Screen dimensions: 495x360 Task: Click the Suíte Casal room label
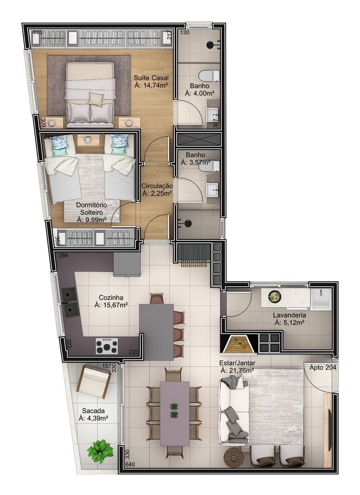coord(151,78)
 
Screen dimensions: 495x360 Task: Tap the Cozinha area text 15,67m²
coord(111,305)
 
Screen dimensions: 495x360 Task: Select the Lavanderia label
coord(289,315)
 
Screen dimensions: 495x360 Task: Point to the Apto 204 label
coord(323,368)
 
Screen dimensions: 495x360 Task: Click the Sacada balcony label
coord(93,410)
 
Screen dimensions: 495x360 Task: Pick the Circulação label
coord(157,186)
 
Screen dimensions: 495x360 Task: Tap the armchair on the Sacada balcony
coord(94,380)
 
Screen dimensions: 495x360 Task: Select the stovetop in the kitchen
coord(107,346)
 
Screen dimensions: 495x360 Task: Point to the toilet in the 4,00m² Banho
coord(209,75)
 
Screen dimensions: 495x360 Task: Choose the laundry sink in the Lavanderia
coord(321,299)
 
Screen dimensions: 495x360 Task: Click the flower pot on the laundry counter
coord(275,296)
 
